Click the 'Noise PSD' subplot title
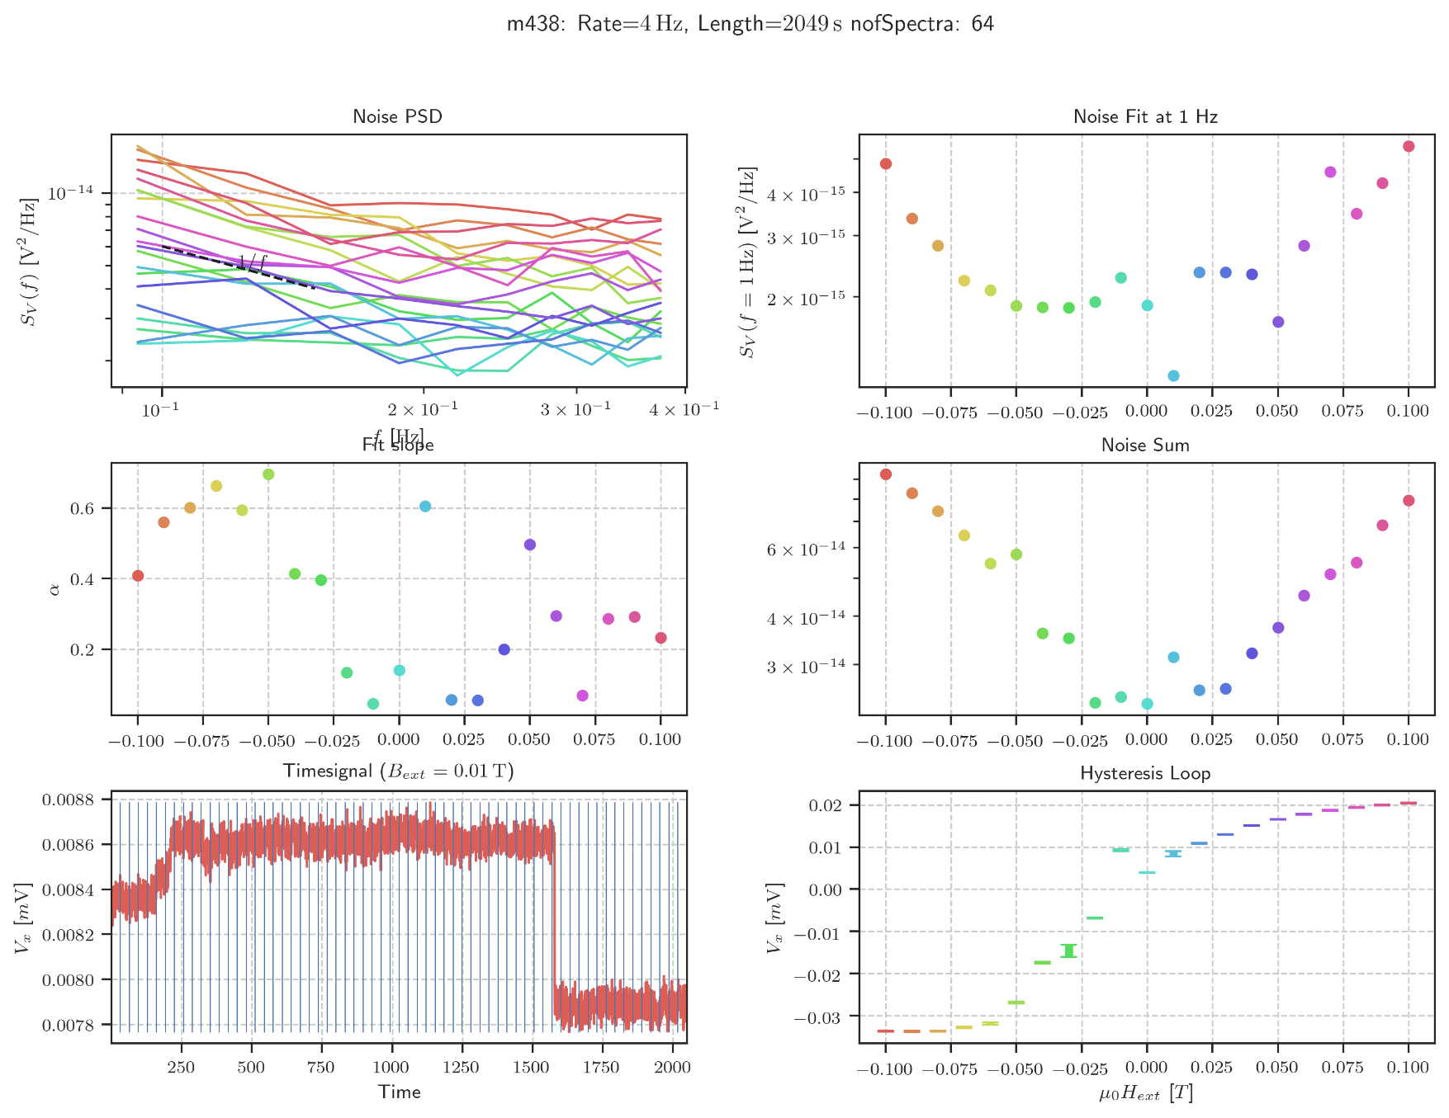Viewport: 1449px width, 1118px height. click(397, 116)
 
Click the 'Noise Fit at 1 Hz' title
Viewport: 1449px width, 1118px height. click(1145, 116)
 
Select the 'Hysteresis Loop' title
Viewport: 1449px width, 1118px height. click(1145, 773)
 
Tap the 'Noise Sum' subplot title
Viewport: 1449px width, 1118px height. click(1145, 445)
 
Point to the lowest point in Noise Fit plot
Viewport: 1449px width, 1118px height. click(1173, 375)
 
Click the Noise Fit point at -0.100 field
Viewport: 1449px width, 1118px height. click(886, 163)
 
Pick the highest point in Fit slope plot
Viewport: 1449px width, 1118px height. click(268, 474)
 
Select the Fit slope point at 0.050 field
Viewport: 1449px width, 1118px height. click(530, 545)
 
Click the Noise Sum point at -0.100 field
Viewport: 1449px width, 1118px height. click(886, 474)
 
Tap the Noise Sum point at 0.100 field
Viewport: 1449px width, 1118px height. click(1409, 501)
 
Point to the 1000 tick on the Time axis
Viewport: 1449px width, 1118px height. click(391, 1067)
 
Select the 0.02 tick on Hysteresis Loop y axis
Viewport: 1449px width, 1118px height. click(829, 805)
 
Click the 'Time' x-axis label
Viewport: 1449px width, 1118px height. click(400, 1092)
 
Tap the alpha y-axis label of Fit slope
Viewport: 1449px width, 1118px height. click(54, 589)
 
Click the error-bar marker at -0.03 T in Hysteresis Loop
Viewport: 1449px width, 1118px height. click(1069, 951)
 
